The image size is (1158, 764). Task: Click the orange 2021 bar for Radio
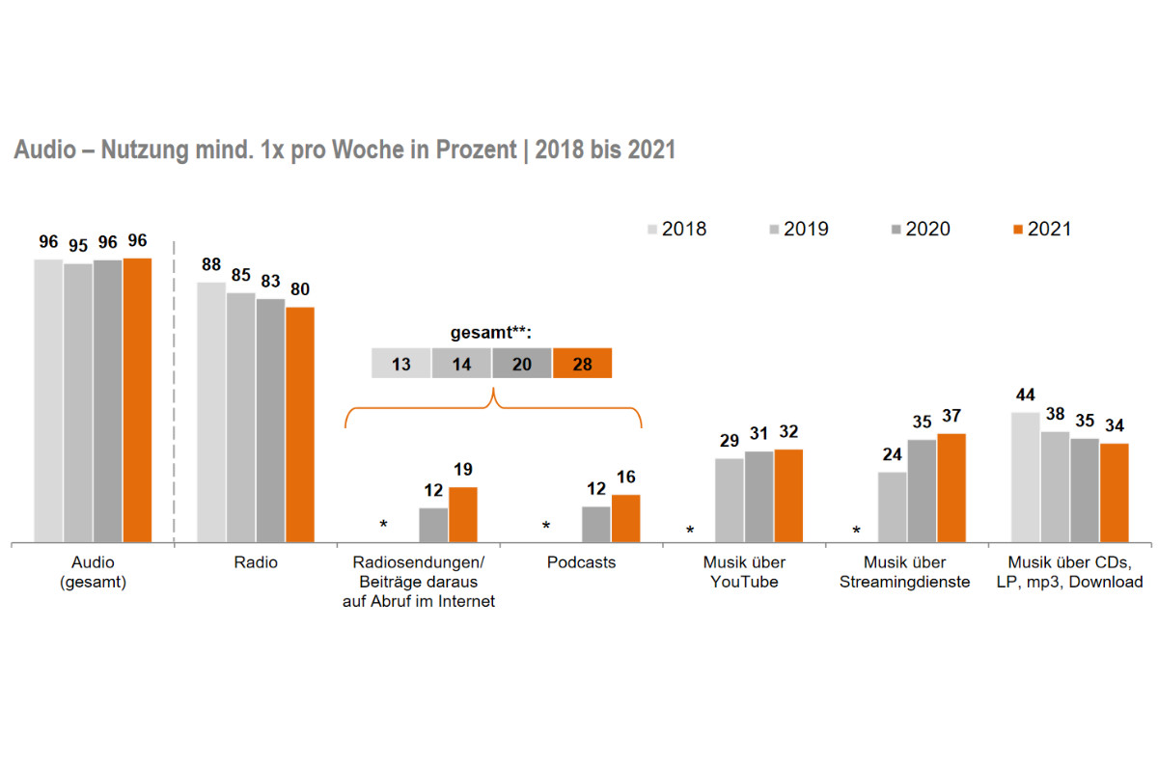(300, 424)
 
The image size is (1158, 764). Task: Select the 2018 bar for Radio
(211, 412)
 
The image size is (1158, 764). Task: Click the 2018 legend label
(684, 229)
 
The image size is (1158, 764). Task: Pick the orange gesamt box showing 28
(582, 364)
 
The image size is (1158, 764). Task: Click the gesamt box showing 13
(401, 364)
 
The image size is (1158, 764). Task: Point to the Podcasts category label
(581, 562)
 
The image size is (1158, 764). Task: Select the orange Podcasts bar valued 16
(625, 519)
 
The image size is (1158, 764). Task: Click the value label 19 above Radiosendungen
(463, 470)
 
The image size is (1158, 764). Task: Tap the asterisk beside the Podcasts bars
(546, 527)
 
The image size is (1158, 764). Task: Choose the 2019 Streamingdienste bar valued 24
(892, 507)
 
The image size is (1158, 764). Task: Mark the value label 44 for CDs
(1025, 395)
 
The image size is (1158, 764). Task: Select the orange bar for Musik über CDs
(1115, 493)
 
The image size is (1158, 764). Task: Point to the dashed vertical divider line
(174, 386)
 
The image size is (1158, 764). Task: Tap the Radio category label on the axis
(256, 562)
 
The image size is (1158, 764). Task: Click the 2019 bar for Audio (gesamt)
(78, 402)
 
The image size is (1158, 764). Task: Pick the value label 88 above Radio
(211, 264)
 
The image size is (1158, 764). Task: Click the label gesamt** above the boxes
(491, 333)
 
